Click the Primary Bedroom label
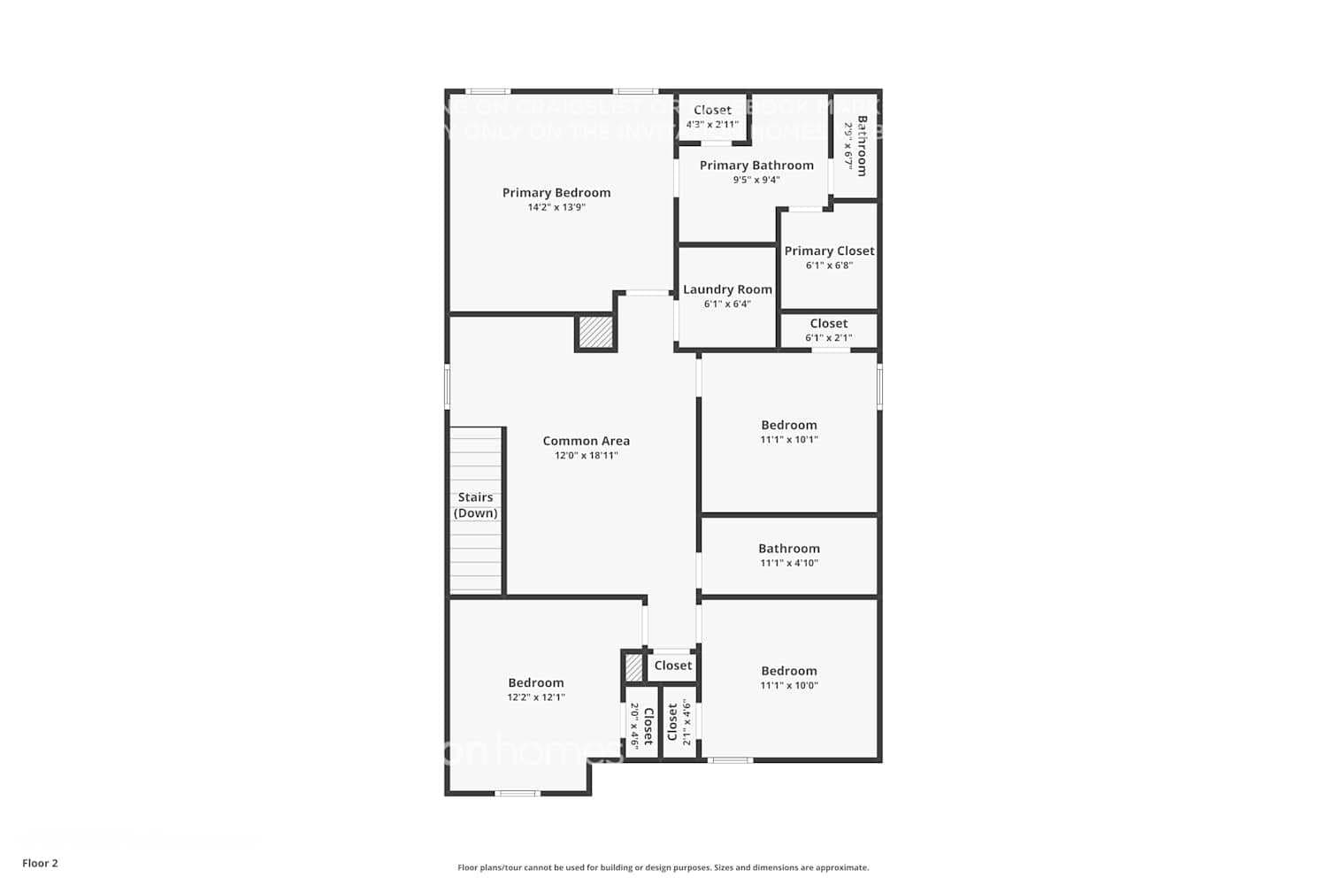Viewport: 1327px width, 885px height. click(x=556, y=193)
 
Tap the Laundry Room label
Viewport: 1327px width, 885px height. click(x=727, y=289)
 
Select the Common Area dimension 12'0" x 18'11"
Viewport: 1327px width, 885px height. click(x=586, y=456)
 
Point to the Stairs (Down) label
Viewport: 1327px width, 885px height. click(x=476, y=505)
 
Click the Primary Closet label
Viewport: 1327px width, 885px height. click(x=829, y=250)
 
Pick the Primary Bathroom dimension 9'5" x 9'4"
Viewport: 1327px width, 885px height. click(x=756, y=180)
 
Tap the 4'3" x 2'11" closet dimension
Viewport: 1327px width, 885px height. click(x=712, y=125)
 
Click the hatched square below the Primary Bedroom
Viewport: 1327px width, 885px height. click(x=595, y=333)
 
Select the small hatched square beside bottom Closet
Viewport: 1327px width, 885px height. click(x=633, y=666)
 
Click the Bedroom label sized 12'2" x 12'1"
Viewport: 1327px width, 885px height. click(x=536, y=682)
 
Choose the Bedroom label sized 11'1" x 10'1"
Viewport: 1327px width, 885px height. click(x=789, y=425)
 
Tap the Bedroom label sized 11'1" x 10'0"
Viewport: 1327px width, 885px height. click(x=789, y=671)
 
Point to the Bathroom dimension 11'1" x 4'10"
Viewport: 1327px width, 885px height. click(x=789, y=563)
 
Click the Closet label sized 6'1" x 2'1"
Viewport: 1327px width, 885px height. click(x=829, y=323)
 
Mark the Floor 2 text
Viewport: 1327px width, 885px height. click(x=40, y=863)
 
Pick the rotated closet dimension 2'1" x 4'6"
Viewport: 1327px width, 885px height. click(x=686, y=722)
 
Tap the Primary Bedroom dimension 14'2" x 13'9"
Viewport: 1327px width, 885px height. click(x=556, y=207)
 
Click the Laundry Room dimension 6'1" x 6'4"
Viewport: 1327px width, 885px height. click(x=727, y=304)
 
